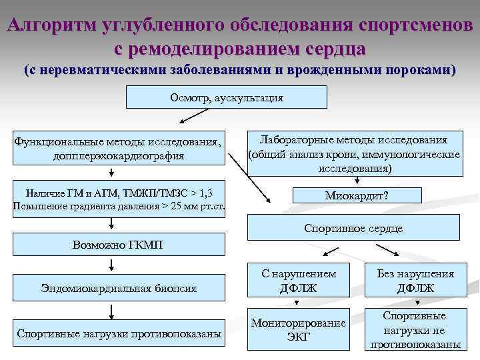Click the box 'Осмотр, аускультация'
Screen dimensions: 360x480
click(x=227, y=97)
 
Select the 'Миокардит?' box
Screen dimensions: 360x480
click(x=357, y=195)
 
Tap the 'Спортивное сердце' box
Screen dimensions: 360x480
click(x=353, y=228)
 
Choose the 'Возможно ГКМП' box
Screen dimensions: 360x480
click(x=117, y=245)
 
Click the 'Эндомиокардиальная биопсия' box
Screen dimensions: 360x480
click(x=119, y=289)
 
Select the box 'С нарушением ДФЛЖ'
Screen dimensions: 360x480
click(x=298, y=281)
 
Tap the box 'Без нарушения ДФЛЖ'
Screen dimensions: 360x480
click(x=415, y=281)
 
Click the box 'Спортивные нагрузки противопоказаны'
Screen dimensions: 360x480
click(x=119, y=333)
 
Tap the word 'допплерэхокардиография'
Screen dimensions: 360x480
click(x=119, y=156)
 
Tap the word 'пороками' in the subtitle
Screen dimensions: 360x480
click(x=420, y=70)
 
